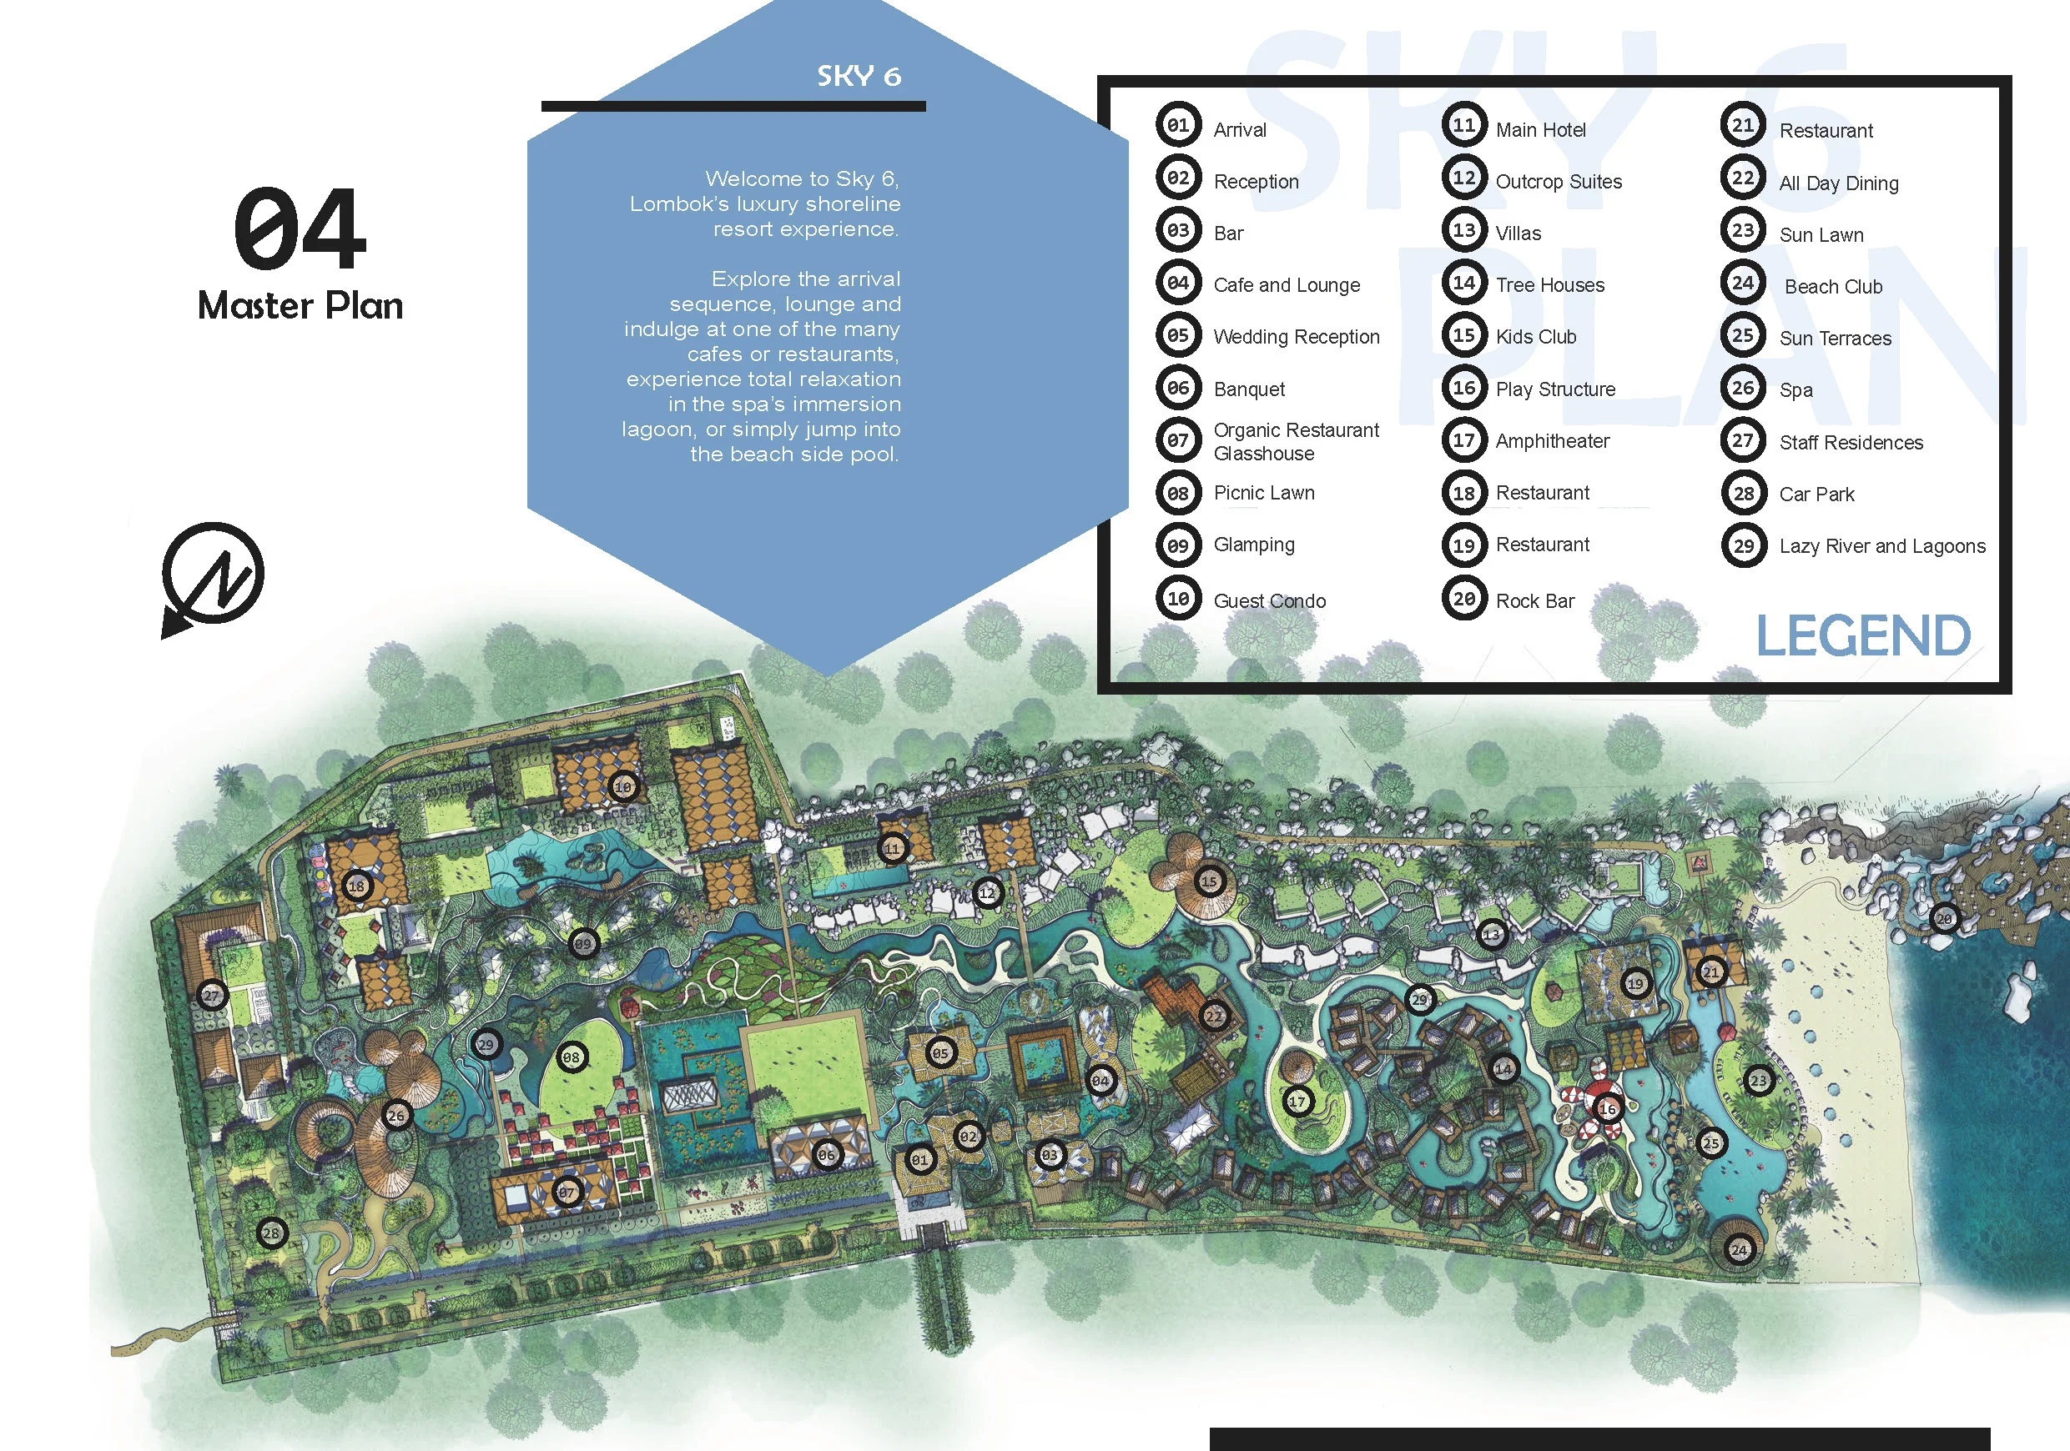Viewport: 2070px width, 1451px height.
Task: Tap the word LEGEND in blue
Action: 1862,635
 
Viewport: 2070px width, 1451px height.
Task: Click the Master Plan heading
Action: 300,305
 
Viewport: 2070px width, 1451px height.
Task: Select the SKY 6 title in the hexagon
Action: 859,77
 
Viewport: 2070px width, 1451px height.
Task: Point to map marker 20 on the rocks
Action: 1945,918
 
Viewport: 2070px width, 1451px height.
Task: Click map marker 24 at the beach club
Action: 1739,1249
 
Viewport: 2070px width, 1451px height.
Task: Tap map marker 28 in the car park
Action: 271,1232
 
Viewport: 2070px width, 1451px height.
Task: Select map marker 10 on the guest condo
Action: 623,786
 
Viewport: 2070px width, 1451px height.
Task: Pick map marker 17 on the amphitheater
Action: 1297,1102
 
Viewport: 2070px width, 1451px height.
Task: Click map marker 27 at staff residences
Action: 211,996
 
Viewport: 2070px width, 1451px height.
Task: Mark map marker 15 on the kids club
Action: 1209,881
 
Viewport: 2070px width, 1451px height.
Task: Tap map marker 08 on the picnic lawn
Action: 572,1057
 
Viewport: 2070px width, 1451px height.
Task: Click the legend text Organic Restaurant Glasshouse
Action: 1296,442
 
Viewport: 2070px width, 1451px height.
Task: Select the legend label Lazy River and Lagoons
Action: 1881,546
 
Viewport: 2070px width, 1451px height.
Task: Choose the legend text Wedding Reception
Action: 1296,337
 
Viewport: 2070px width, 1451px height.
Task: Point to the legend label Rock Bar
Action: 1534,601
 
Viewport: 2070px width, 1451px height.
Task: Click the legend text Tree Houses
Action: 1550,286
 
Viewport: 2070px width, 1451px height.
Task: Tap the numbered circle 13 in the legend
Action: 1464,231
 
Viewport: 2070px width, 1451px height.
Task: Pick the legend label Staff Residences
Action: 1850,443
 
